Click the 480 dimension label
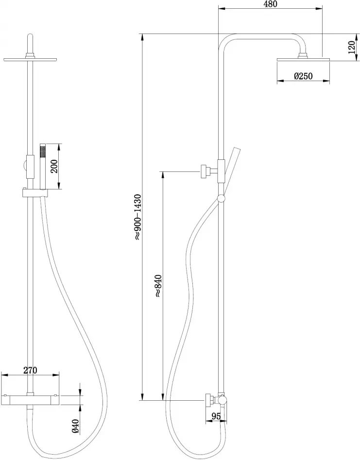(x=271, y=4)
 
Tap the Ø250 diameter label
(x=302, y=76)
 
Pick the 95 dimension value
(x=216, y=417)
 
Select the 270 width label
(x=30, y=370)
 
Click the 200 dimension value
(x=54, y=166)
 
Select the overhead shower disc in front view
(x=31, y=60)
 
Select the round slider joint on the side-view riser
(x=222, y=198)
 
